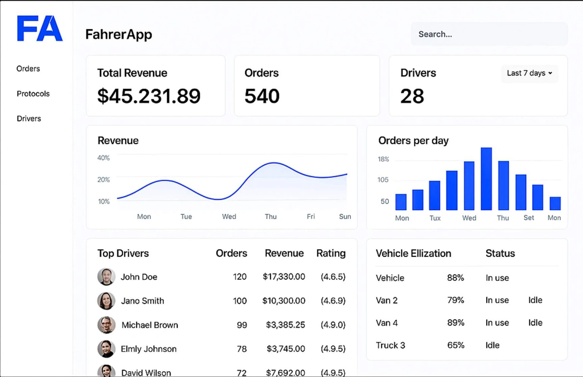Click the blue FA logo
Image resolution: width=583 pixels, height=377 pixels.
pyautogui.click(x=40, y=29)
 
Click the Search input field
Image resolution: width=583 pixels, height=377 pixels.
pyautogui.click(x=489, y=34)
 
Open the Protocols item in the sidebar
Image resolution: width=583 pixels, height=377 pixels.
pyautogui.click(x=33, y=94)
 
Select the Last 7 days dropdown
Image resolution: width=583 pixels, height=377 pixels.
pyautogui.click(x=530, y=73)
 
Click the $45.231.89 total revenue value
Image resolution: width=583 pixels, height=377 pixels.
pyautogui.click(x=149, y=96)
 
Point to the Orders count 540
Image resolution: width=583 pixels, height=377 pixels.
pyautogui.click(x=262, y=96)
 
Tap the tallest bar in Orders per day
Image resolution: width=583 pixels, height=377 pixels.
pyautogui.click(x=486, y=178)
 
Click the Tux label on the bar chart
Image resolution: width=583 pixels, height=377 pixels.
pyautogui.click(x=435, y=218)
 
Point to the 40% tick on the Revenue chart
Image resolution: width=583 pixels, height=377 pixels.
pyautogui.click(x=103, y=158)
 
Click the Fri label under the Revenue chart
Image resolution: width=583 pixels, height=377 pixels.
pyautogui.click(x=310, y=217)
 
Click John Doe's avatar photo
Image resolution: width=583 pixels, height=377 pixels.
pyautogui.click(x=106, y=277)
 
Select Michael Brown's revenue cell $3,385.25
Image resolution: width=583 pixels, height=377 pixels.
pyautogui.click(x=286, y=325)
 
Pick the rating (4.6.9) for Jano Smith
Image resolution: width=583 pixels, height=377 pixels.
pyautogui.click(x=333, y=301)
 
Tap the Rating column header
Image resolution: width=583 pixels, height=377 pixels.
pyautogui.click(x=331, y=253)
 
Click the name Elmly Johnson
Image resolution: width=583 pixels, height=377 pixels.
pyautogui.click(x=149, y=349)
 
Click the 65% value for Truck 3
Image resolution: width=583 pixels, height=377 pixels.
pyautogui.click(x=456, y=345)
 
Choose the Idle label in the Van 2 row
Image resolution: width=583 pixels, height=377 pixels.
pyautogui.click(x=535, y=300)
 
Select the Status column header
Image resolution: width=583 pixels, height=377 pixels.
pyautogui.click(x=500, y=253)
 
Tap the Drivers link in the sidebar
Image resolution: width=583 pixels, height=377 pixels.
pyautogui.click(x=29, y=119)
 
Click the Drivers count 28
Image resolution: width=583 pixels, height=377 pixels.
pyautogui.click(x=412, y=96)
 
